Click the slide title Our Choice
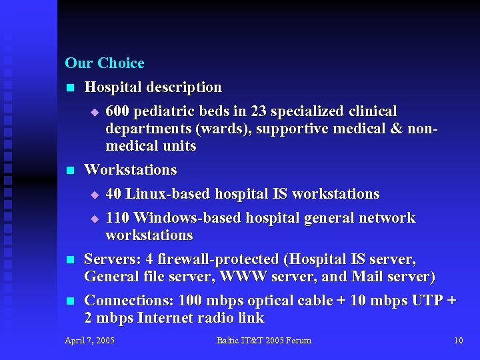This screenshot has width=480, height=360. (x=105, y=63)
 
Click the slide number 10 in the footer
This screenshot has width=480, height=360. (x=458, y=341)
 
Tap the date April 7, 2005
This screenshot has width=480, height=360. (x=89, y=341)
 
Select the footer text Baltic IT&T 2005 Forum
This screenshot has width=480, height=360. (x=263, y=341)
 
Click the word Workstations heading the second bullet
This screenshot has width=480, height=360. (x=131, y=170)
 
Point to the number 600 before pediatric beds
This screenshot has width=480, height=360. (x=118, y=111)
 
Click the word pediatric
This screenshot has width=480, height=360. (x=163, y=111)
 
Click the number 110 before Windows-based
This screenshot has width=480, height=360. (x=119, y=218)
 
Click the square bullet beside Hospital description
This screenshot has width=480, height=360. (x=69, y=88)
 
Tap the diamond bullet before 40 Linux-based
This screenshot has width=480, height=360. (x=94, y=195)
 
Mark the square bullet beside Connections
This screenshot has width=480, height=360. (x=69, y=301)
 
